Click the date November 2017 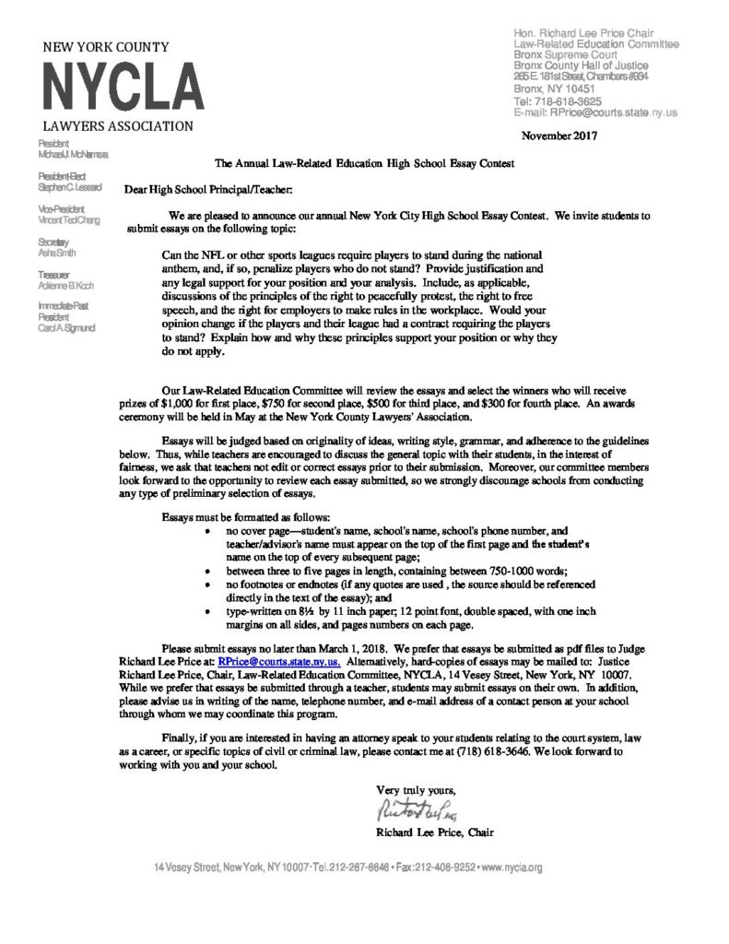coord(559,136)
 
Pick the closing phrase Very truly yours coord(416,790)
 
